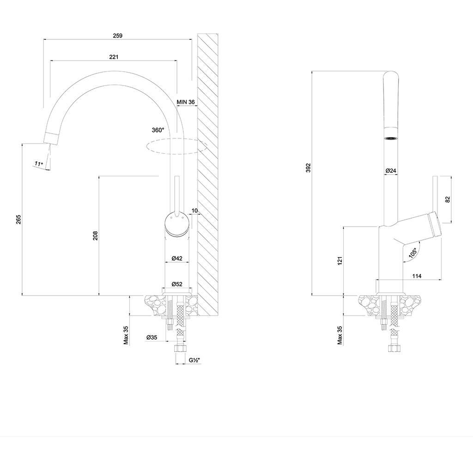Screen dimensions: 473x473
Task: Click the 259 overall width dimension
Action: (x=118, y=36)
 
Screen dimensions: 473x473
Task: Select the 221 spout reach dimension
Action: (x=114, y=57)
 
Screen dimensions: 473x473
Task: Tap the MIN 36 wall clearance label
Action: (x=186, y=102)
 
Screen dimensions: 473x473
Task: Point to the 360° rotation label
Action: (x=158, y=130)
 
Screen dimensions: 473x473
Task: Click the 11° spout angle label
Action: (x=39, y=164)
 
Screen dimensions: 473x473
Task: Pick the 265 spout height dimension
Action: (x=18, y=219)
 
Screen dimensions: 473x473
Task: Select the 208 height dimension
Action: (x=95, y=236)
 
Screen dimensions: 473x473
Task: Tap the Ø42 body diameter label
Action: (x=177, y=258)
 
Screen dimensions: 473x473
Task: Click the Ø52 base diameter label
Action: (x=177, y=284)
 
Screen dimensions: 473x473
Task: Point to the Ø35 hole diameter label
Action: (x=152, y=338)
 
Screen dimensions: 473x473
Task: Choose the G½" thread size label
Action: (x=194, y=360)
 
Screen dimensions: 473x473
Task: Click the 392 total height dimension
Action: (x=308, y=168)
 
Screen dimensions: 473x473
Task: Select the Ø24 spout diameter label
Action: (x=391, y=171)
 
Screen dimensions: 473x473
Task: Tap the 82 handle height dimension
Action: (x=448, y=200)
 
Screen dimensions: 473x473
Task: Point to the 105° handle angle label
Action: (x=412, y=253)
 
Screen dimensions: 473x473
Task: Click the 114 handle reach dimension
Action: (x=417, y=276)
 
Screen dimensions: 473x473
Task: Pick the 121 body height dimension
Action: (x=340, y=261)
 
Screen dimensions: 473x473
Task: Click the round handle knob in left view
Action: (x=177, y=224)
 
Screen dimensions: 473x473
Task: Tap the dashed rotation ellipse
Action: (x=176, y=146)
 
